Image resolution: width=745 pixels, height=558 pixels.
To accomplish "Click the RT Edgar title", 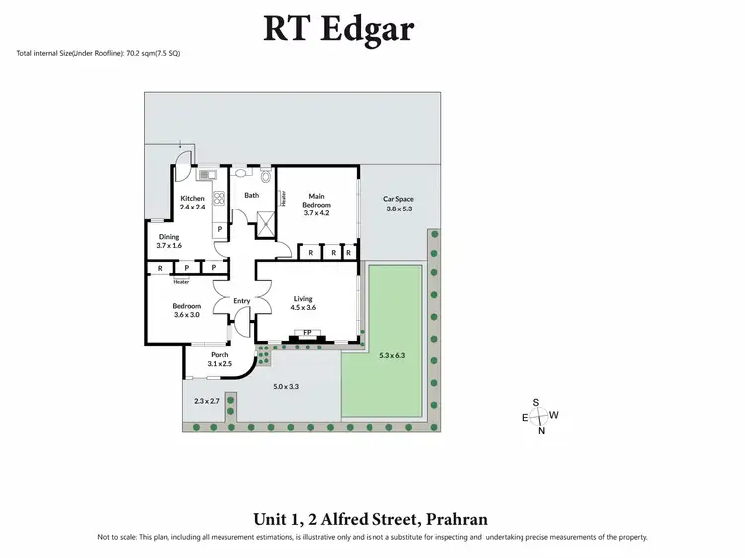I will pyautogui.click(x=339, y=28).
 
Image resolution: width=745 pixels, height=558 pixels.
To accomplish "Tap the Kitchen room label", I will pyautogui.click(x=192, y=203).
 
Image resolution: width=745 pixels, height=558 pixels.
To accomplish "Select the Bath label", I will pyautogui.click(x=252, y=195).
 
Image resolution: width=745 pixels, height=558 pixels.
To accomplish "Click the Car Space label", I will pyautogui.click(x=398, y=204).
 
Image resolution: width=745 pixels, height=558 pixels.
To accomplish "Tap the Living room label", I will pyautogui.click(x=303, y=303).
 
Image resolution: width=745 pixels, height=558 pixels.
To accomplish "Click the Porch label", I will pyautogui.click(x=219, y=359).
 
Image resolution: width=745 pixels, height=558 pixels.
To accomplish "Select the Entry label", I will pyautogui.click(x=242, y=301).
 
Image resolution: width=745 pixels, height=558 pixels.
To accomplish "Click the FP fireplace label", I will pyautogui.click(x=307, y=333).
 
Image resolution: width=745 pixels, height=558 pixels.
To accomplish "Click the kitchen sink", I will pyautogui.click(x=207, y=175).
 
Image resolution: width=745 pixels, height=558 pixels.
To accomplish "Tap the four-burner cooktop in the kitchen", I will pyautogui.click(x=218, y=197).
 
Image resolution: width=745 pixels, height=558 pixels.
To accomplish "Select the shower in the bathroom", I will pyautogui.click(x=265, y=222).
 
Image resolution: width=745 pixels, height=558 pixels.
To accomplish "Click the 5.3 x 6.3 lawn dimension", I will pyautogui.click(x=393, y=354).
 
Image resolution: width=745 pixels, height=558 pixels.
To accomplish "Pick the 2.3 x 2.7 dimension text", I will pyautogui.click(x=206, y=401).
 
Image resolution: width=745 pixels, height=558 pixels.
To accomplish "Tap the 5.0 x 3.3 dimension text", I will pyautogui.click(x=286, y=386).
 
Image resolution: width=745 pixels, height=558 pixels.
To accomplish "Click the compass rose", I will pyautogui.click(x=539, y=416).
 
